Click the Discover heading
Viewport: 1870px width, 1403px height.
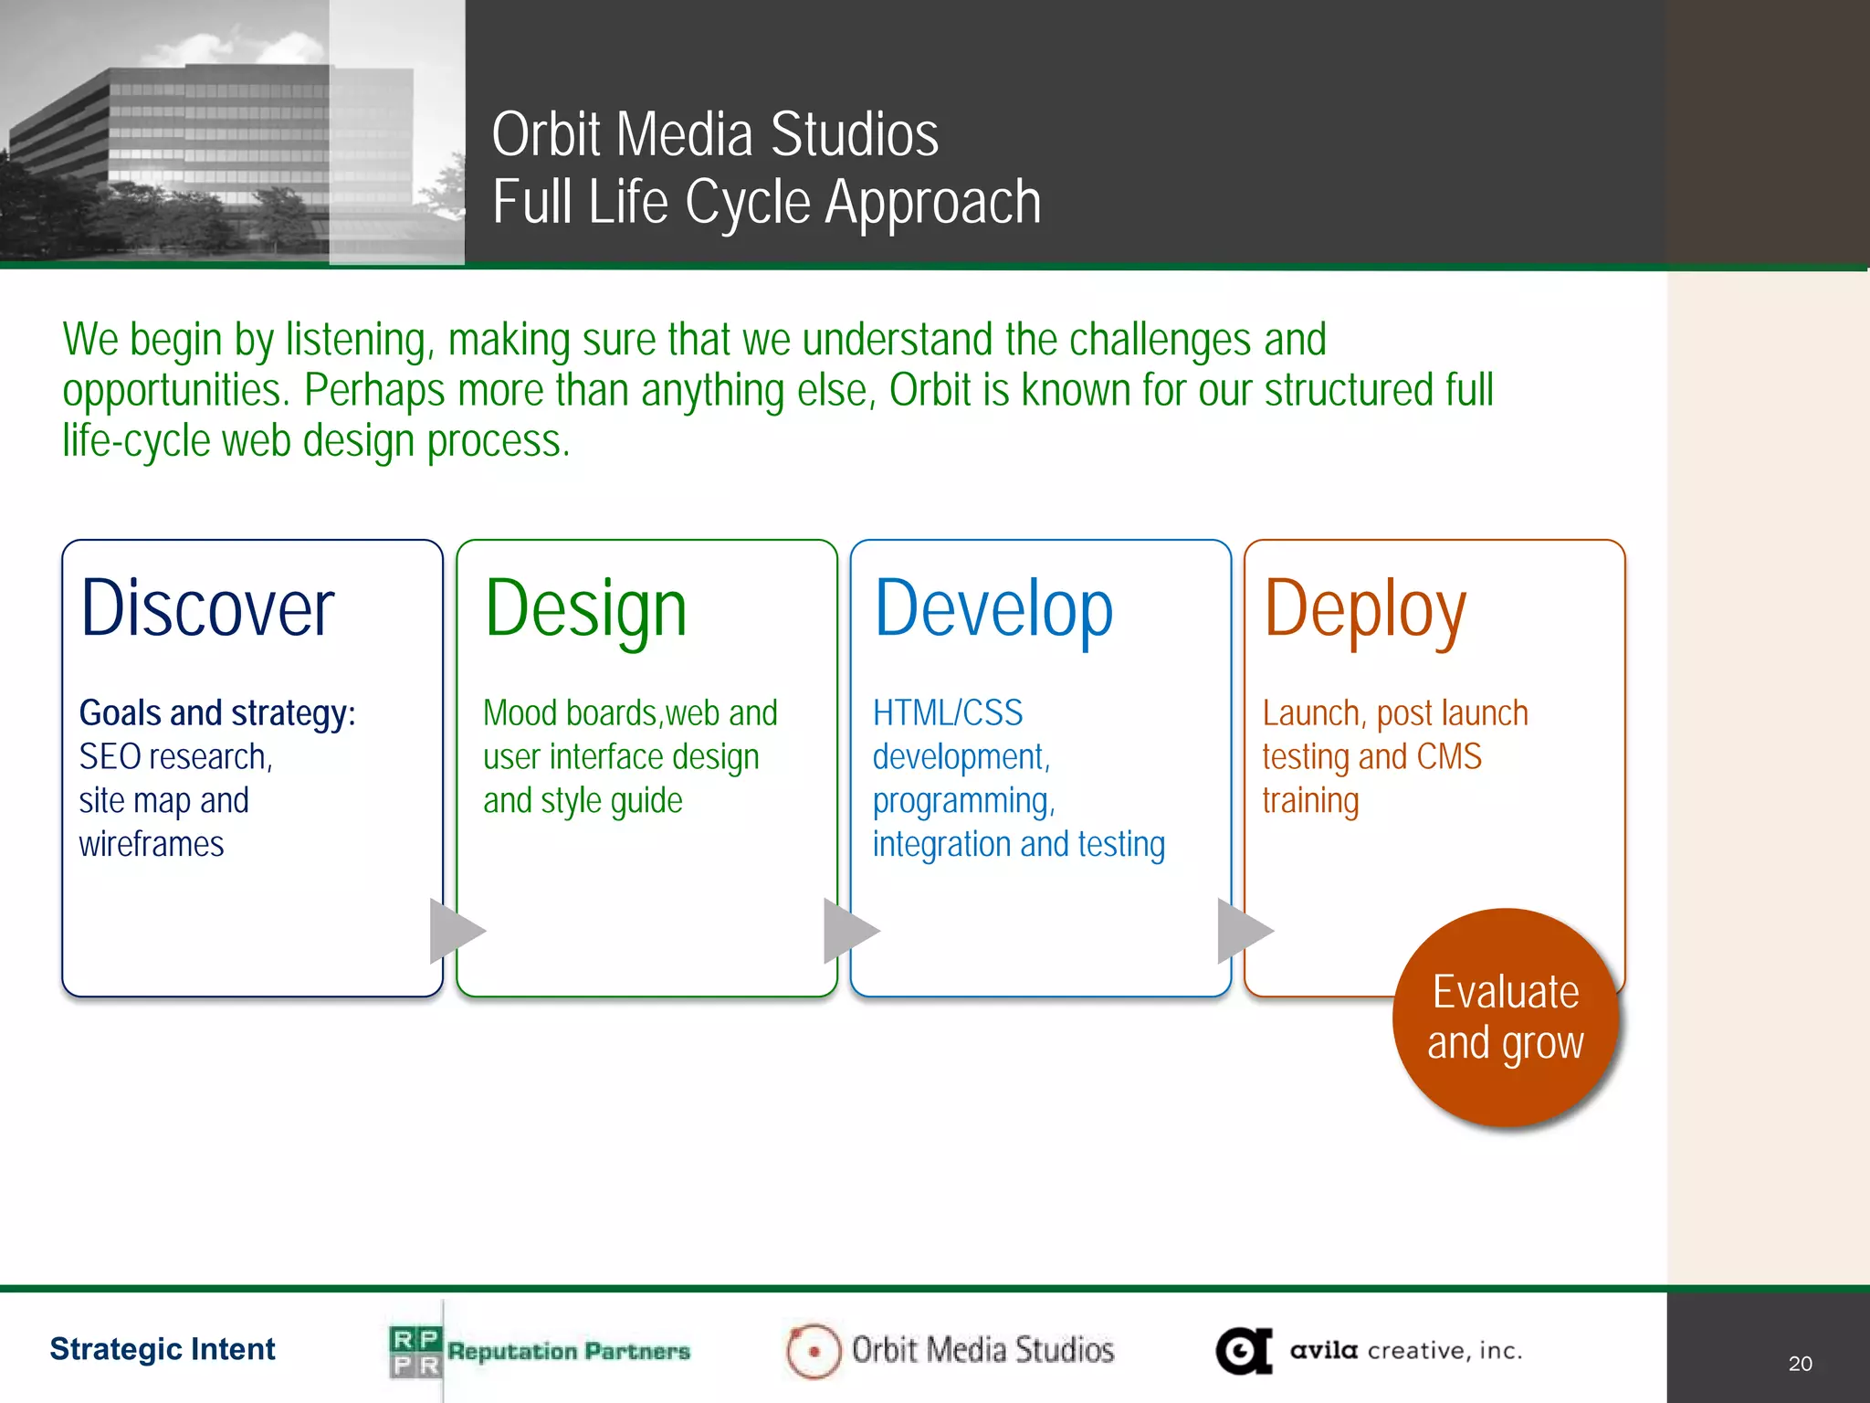(207, 608)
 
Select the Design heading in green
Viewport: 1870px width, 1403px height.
(585, 610)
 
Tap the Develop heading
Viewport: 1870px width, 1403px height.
(993, 610)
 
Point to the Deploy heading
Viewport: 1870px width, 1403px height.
(1364, 610)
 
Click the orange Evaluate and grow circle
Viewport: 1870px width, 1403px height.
(1505, 1018)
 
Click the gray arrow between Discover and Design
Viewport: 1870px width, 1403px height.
(454, 931)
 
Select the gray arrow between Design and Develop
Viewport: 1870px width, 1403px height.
(847, 931)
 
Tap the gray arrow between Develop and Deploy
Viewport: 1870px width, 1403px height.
(1242, 931)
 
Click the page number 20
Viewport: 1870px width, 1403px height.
(1800, 1364)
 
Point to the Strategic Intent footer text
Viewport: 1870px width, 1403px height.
(163, 1349)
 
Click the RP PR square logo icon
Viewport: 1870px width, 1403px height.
(415, 1352)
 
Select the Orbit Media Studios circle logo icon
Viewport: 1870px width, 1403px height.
(813, 1351)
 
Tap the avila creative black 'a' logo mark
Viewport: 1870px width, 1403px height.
(1243, 1351)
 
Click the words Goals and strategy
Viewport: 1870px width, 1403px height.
(216, 713)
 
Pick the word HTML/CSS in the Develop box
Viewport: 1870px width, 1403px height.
(947, 713)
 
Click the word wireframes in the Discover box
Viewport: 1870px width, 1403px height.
(152, 844)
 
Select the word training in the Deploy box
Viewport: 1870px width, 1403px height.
(1310, 801)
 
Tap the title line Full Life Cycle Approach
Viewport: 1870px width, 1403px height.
(766, 202)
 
